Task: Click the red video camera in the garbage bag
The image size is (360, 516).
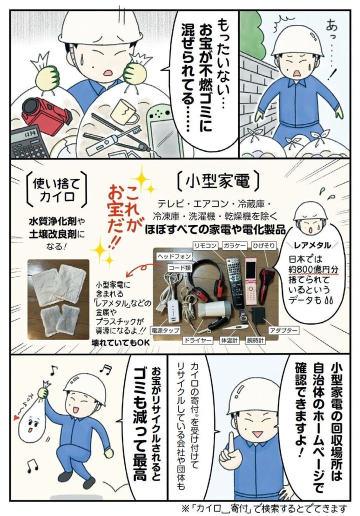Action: [46, 113]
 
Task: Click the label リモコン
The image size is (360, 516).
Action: [205, 245]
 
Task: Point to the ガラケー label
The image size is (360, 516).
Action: [234, 245]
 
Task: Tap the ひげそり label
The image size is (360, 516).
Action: [263, 245]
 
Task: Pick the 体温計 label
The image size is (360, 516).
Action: [229, 340]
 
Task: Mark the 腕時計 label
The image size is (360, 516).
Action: [255, 340]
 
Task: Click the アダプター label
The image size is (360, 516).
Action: [283, 330]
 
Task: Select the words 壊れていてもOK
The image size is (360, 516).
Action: [121, 342]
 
